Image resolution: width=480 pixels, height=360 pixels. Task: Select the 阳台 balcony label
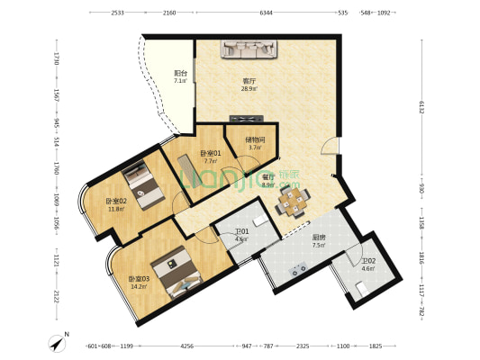(180, 74)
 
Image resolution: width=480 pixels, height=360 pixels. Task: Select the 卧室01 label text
(210, 154)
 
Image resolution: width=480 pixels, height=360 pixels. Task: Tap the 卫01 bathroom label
(242, 231)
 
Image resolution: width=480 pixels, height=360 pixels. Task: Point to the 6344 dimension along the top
(265, 13)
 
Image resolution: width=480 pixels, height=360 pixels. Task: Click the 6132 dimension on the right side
(420, 105)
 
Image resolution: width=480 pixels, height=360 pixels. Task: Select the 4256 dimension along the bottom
(186, 346)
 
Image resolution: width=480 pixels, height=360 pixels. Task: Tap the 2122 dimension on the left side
(55, 298)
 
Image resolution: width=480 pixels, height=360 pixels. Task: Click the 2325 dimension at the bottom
(303, 346)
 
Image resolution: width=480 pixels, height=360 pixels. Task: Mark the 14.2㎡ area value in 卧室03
(139, 286)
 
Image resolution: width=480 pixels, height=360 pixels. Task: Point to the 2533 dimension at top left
(117, 13)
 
